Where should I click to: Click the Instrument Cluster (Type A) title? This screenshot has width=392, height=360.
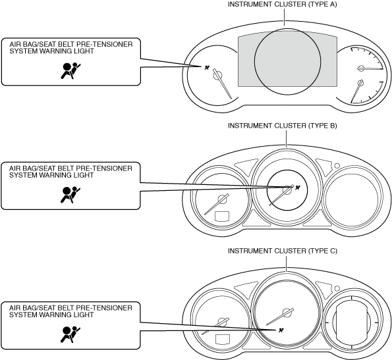click(282, 4)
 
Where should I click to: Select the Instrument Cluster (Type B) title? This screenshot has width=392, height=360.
click(282, 126)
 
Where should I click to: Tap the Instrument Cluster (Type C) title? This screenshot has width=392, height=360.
click(282, 251)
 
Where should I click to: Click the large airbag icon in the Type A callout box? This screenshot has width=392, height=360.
click(71, 71)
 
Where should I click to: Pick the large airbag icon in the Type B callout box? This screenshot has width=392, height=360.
click(70, 195)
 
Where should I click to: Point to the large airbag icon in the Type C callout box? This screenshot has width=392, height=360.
click(70, 334)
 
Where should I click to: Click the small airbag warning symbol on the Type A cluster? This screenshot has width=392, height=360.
click(207, 68)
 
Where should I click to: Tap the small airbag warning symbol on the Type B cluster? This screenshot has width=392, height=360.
click(298, 188)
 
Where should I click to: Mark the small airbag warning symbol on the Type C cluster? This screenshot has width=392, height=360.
click(281, 330)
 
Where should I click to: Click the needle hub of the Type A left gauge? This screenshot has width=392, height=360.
click(218, 75)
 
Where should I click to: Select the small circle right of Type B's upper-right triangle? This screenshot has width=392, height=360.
click(337, 165)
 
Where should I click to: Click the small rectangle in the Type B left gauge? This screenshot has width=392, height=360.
click(222, 217)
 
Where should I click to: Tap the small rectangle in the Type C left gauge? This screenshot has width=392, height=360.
click(223, 340)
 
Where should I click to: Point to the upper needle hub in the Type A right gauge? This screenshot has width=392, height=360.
click(361, 68)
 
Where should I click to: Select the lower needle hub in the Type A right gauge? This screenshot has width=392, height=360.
click(360, 83)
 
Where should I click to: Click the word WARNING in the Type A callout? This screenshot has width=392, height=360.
click(54, 51)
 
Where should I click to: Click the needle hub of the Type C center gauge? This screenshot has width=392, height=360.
click(287, 313)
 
